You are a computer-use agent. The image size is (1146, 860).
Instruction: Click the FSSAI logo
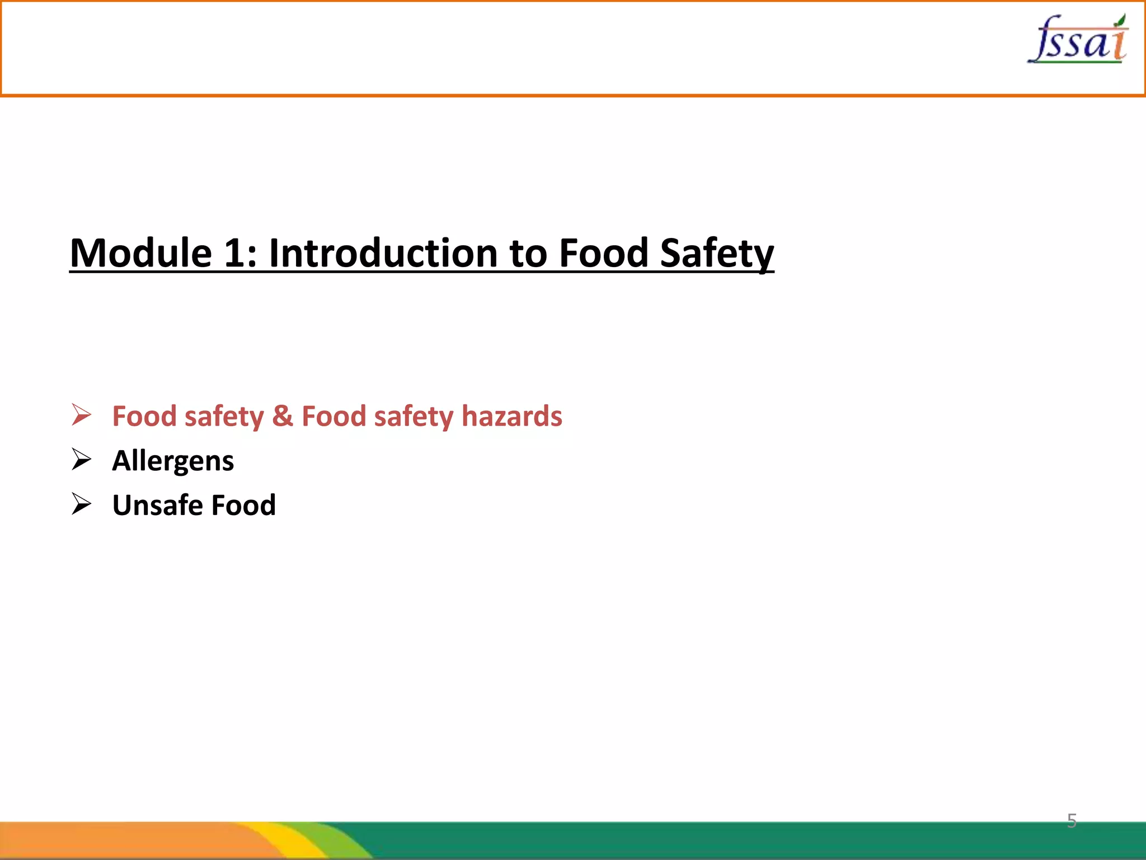[1078, 39]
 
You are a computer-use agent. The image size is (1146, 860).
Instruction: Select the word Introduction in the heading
[384, 253]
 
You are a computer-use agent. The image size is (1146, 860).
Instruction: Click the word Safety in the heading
[717, 253]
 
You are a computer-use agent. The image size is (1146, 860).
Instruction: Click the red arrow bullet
[82, 415]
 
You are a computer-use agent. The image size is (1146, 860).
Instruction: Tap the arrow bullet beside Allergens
[82, 460]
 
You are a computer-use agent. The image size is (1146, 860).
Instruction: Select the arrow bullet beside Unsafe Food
[82, 504]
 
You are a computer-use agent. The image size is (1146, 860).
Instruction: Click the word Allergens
[173, 461]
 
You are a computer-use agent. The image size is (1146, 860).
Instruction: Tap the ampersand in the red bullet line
[283, 416]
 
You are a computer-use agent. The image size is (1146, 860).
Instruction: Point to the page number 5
[1072, 821]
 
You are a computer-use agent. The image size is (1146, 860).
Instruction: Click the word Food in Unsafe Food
[243, 505]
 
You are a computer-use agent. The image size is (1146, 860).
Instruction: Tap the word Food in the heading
[604, 253]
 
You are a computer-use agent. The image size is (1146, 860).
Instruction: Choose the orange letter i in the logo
[1119, 44]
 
